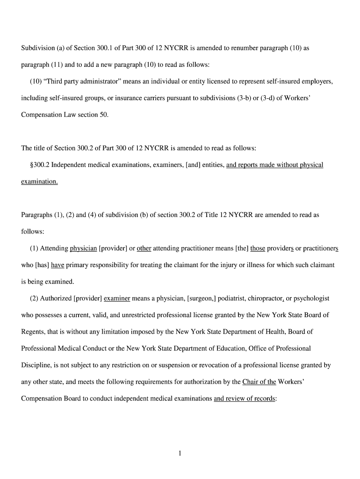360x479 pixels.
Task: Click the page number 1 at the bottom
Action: pyautogui.click(x=180, y=453)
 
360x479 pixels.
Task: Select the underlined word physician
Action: pyautogui.click(x=83, y=248)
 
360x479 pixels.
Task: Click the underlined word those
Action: pyautogui.click(x=258, y=248)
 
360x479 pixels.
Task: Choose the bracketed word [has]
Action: pyautogui.click(x=42, y=265)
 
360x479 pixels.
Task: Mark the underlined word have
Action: pyautogui.click(x=58, y=265)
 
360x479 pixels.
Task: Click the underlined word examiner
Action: pyautogui.click(x=117, y=298)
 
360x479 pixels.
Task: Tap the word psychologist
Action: pyautogui.click(x=312, y=298)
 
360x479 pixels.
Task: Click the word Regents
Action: pyautogui.click(x=34, y=332)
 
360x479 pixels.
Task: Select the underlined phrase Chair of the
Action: pyautogui.click(x=259, y=382)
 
